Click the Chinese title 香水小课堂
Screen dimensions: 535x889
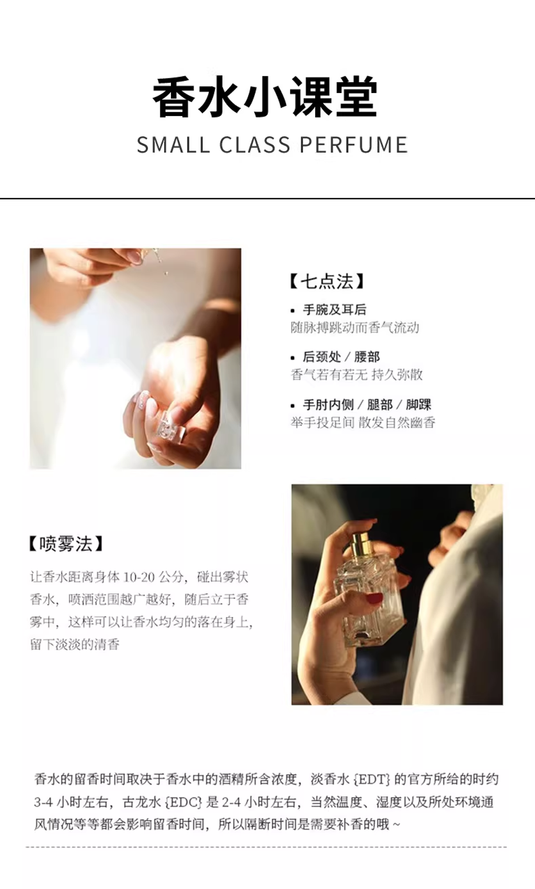[265, 98]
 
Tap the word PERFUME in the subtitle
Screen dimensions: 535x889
[354, 145]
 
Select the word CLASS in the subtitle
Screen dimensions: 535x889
[255, 145]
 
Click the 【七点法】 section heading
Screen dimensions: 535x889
[327, 282]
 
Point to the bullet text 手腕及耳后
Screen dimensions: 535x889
[334, 310]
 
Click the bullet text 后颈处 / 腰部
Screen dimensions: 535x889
[341, 357]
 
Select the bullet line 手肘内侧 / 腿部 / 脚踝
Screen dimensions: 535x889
[367, 405]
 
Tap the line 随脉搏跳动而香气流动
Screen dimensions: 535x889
[355, 327]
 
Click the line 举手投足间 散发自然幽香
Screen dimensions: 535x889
[363, 422]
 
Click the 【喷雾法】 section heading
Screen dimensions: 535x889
[66, 544]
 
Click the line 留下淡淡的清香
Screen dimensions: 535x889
[75, 644]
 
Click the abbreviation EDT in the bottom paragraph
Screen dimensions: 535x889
[373, 779]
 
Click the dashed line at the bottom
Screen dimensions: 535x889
[266, 847]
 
